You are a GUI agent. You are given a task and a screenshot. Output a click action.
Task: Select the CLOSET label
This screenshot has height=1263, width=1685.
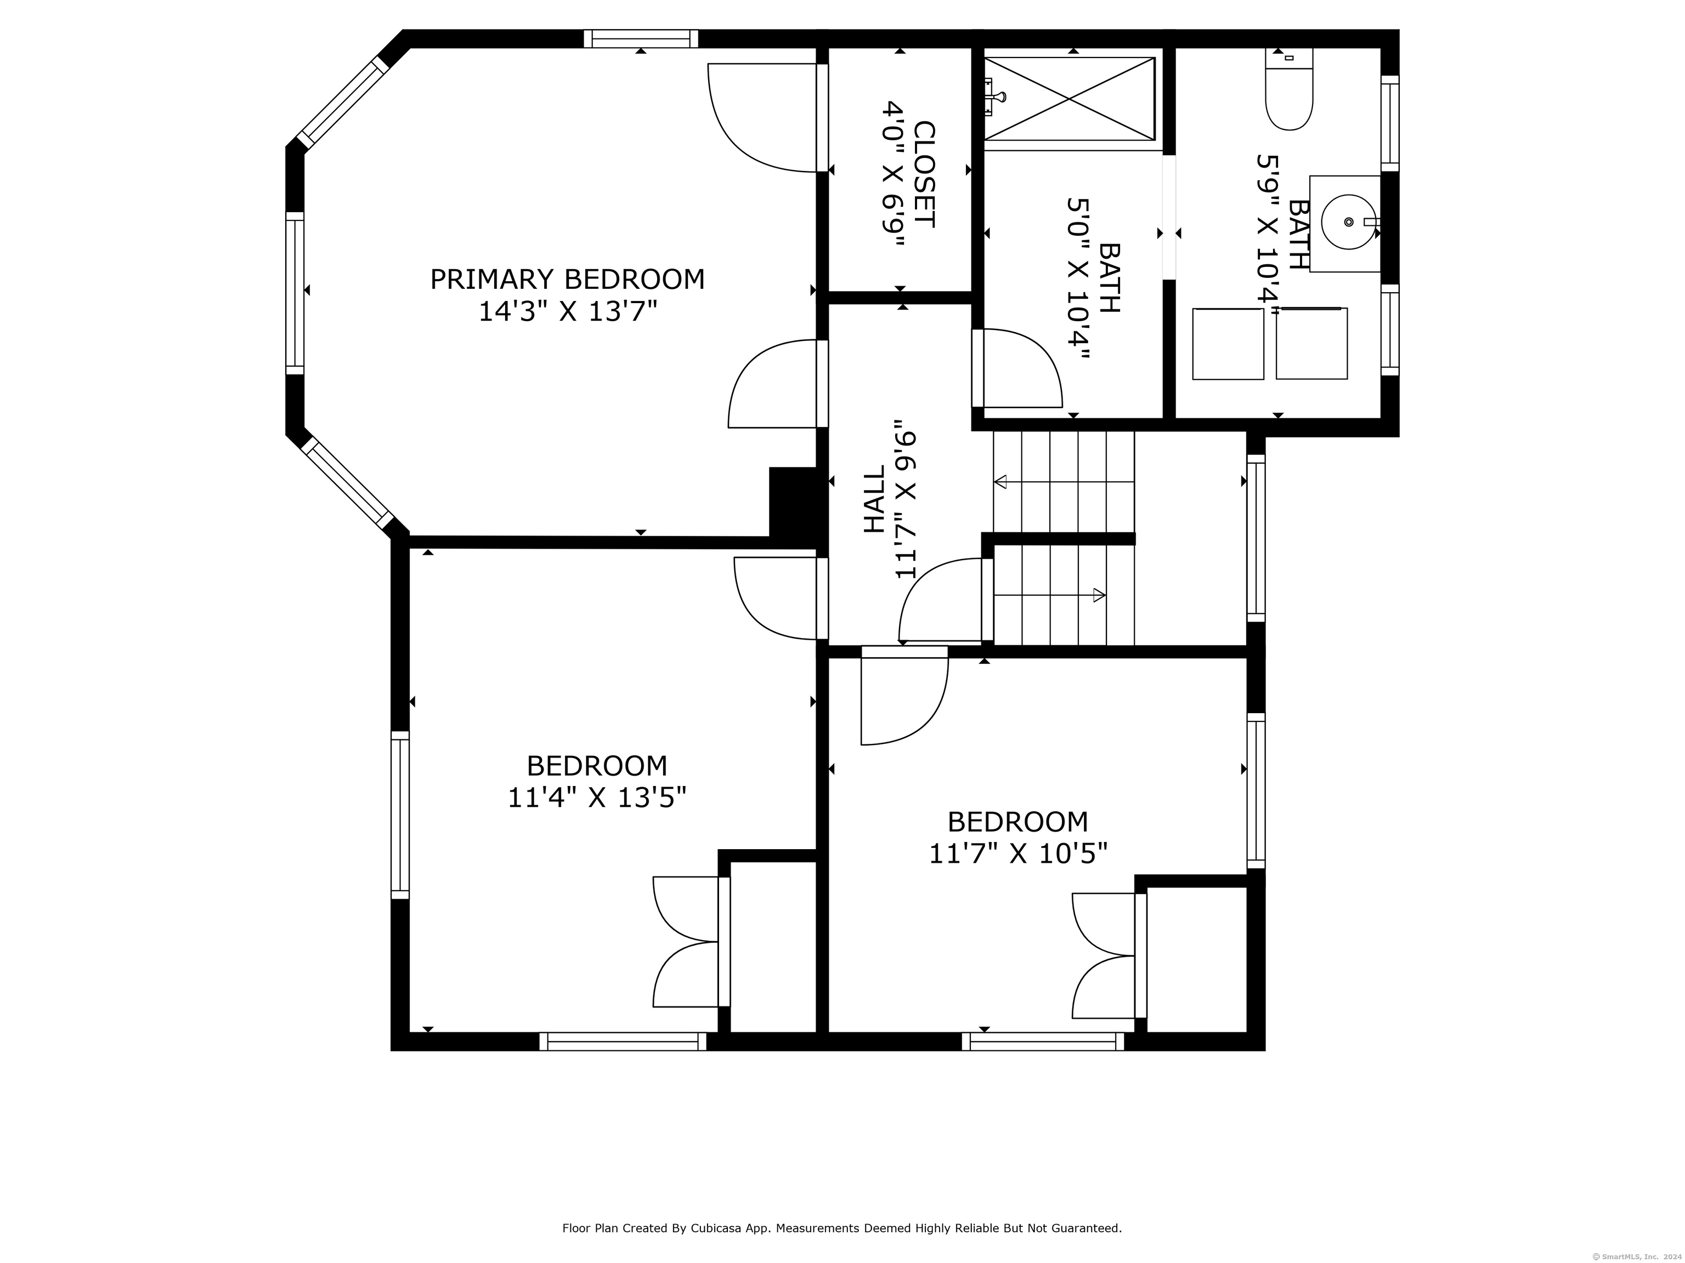[x=923, y=174]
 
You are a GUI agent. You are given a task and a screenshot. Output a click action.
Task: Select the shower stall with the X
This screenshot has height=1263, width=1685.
[x=1070, y=99]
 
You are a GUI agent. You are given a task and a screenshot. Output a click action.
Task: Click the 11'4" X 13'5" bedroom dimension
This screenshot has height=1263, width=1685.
[x=597, y=798]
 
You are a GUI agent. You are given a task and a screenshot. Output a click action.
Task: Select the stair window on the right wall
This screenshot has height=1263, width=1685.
[x=1256, y=538]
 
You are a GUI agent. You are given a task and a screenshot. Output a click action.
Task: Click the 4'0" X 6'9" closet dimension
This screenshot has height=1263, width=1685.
[x=893, y=174]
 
